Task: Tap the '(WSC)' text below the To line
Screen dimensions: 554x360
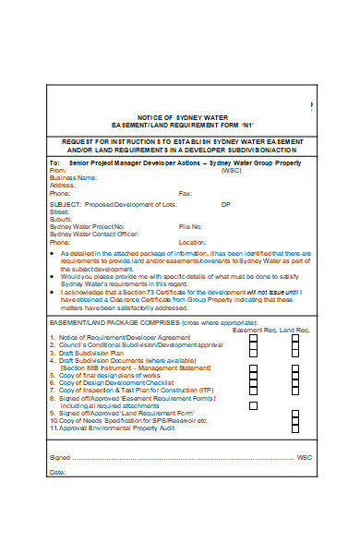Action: [231, 171]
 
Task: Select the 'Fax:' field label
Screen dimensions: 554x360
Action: [186, 194]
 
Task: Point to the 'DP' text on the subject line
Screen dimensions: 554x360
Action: [226, 203]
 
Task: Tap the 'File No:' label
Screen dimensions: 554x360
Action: [190, 226]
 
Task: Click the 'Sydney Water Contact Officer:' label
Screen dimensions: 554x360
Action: [96, 234]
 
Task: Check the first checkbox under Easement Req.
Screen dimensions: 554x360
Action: [253, 339]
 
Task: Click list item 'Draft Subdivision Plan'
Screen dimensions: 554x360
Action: [90, 353]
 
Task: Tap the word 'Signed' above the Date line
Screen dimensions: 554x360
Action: [59, 457]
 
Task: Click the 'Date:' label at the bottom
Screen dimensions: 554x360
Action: [57, 472]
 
